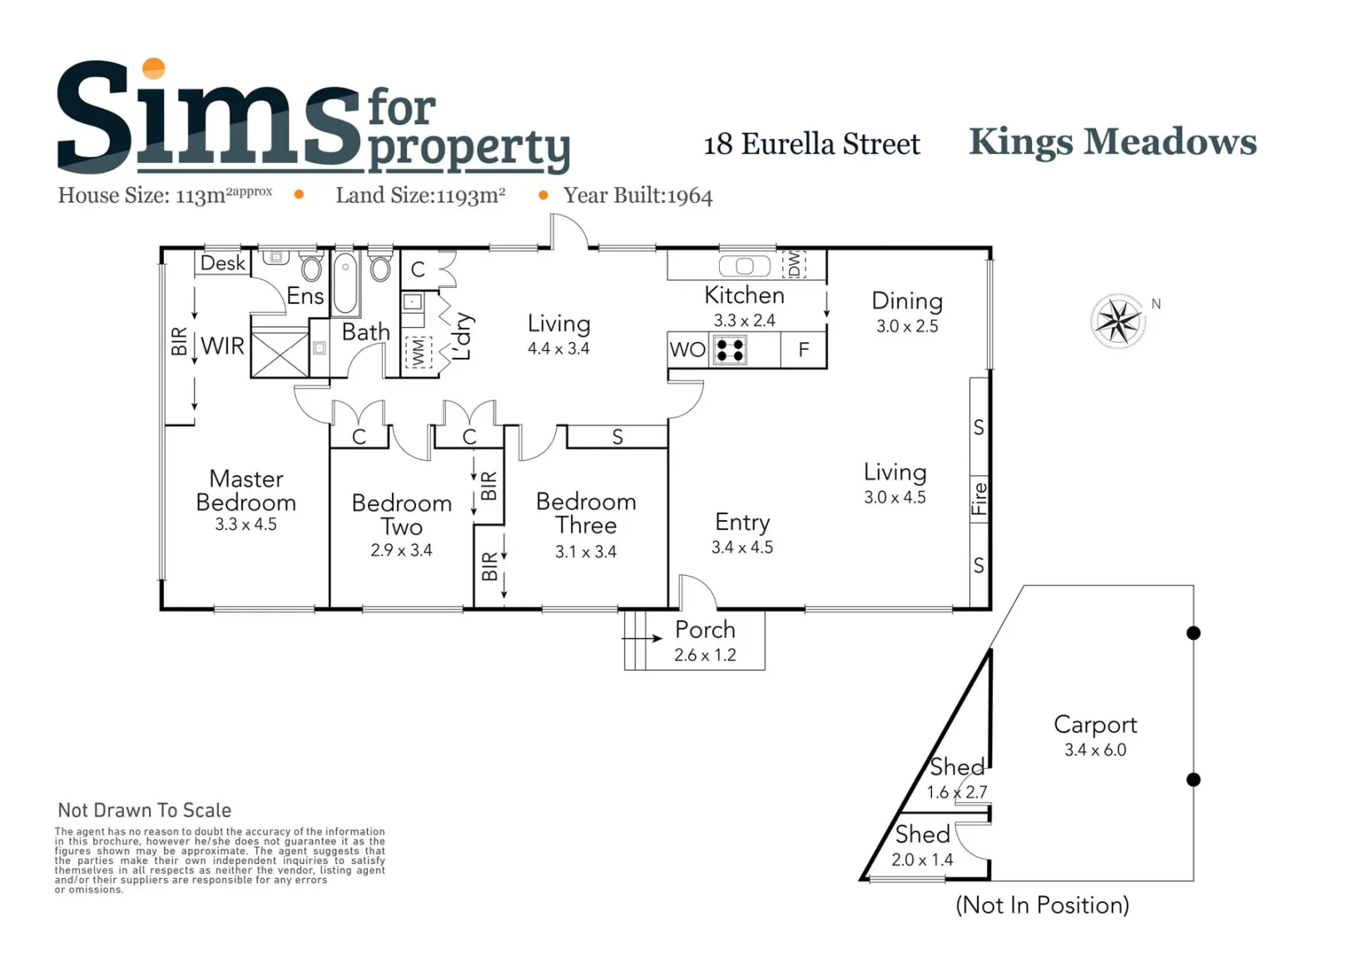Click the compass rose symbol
click(x=1118, y=321)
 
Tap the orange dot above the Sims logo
click(x=153, y=68)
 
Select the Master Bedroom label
click(x=246, y=490)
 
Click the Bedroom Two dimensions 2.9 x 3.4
click(x=401, y=550)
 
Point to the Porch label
click(x=706, y=630)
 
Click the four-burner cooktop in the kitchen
click(x=730, y=350)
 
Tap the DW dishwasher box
click(x=794, y=264)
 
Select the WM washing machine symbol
click(x=419, y=352)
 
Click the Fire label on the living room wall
click(x=980, y=498)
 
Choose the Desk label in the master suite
click(x=222, y=263)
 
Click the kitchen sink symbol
click(x=745, y=266)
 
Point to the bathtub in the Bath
click(x=345, y=283)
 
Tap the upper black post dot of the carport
click(x=1193, y=633)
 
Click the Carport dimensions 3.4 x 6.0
click(x=1095, y=750)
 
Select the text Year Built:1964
click(x=638, y=196)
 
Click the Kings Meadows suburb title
click(x=1113, y=142)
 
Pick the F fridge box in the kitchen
click(x=803, y=350)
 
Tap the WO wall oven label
click(x=687, y=350)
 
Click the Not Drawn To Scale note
click(x=145, y=810)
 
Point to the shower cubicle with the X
click(x=280, y=355)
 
